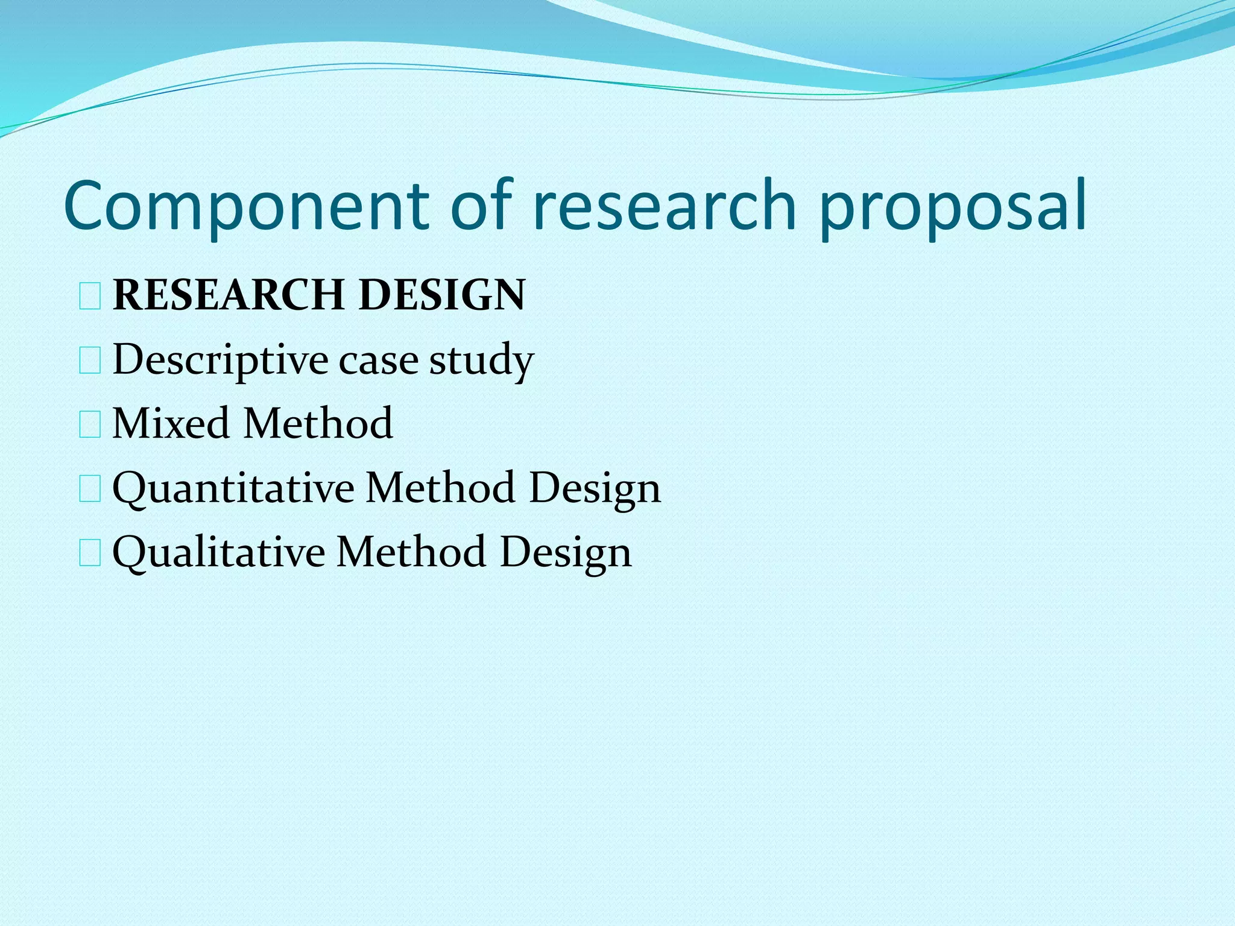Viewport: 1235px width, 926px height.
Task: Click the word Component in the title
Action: point(245,206)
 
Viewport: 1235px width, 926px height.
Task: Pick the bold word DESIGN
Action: point(442,295)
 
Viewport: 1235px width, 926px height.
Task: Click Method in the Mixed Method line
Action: point(318,423)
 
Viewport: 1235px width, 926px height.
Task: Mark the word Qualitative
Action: point(218,552)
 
